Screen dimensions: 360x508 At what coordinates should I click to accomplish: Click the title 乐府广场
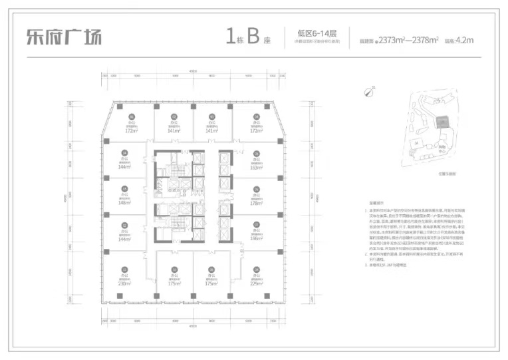(64, 36)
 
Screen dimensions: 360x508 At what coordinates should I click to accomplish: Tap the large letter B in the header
(253, 36)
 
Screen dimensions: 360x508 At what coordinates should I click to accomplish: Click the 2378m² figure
(424, 40)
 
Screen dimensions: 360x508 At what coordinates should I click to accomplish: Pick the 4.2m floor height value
(465, 40)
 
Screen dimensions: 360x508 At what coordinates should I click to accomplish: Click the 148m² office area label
(124, 203)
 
